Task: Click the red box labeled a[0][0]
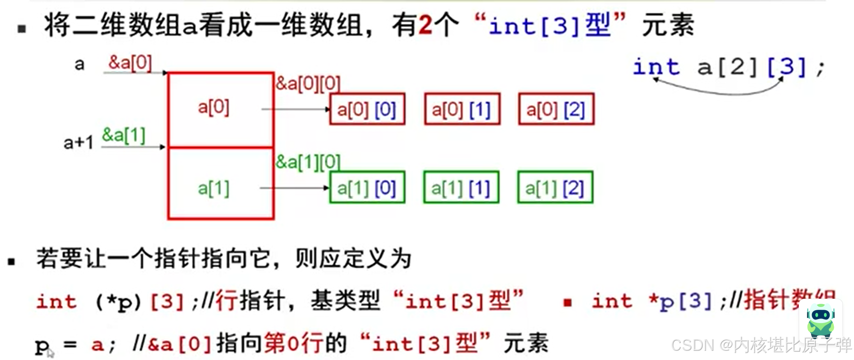[367, 109]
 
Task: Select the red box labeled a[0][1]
[462, 109]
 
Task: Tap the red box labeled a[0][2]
[556, 109]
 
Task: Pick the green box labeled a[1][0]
[367, 188]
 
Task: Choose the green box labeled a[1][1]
[461, 188]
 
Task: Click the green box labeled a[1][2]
[555, 188]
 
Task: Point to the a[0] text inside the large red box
[213, 107]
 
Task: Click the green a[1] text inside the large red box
[213, 189]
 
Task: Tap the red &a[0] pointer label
[130, 63]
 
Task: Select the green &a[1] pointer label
[124, 136]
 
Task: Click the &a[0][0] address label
[308, 84]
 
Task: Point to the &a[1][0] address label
[308, 162]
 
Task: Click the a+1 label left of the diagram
[78, 143]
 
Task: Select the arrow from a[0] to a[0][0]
[295, 109]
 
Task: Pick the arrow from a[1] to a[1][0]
[294, 188]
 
